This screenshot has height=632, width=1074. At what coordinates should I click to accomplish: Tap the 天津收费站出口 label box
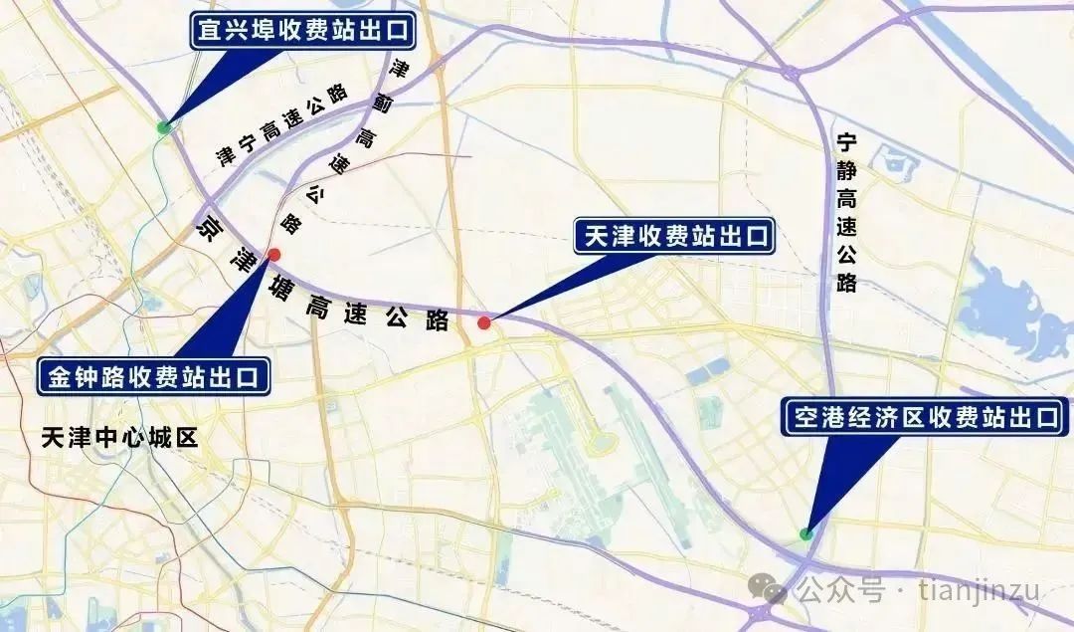[x=674, y=237]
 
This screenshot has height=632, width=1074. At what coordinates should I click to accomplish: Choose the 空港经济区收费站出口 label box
[x=925, y=417]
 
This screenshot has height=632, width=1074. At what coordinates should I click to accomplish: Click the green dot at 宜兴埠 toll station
[x=163, y=127]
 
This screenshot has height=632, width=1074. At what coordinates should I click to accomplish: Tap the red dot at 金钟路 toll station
[x=274, y=254]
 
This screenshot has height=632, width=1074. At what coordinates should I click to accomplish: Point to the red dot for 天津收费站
[x=484, y=322]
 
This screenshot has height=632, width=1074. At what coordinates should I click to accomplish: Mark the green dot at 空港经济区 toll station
[x=806, y=534]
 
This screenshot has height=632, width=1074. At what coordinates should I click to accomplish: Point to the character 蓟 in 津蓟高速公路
[x=381, y=102]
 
